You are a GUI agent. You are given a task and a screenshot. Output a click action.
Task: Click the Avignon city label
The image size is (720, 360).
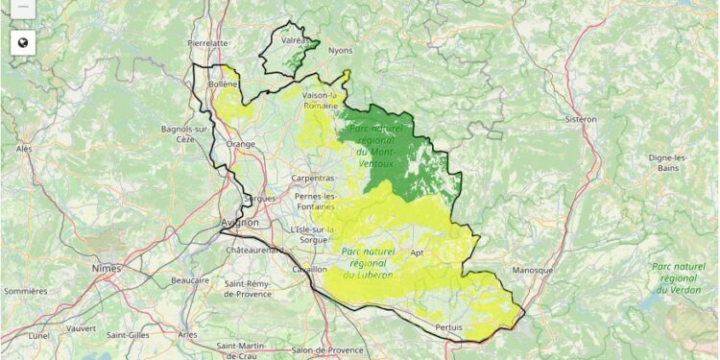pyautogui.click(x=240, y=223)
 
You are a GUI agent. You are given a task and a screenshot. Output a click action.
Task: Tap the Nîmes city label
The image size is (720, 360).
pyautogui.click(x=107, y=268)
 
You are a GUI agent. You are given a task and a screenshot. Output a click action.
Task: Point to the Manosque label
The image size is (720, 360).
pyautogui.click(x=533, y=271)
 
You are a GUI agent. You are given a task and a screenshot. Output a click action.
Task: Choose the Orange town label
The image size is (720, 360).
pyautogui.click(x=241, y=144)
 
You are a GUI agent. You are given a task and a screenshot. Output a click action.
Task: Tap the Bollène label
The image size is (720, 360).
pyautogui.click(x=225, y=84)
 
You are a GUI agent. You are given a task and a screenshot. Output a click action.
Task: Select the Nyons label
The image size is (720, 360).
pyautogui.click(x=340, y=50)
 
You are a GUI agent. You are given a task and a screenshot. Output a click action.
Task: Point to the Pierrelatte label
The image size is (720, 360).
pyautogui.click(x=208, y=43)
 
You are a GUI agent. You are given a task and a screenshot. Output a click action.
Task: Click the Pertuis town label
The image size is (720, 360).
pyautogui.click(x=448, y=327)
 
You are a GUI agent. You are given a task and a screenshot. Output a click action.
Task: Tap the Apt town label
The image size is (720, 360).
pyautogui.click(x=417, y=252)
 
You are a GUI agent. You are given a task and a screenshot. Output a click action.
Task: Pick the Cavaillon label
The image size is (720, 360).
pyautogui.click(x=308, y=270)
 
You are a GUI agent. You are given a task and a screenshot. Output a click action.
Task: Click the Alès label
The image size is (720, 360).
pyautogui.click(x=24, y=149)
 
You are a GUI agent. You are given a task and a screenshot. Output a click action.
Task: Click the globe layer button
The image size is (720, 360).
pyautogui.click(x=23, y=42)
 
